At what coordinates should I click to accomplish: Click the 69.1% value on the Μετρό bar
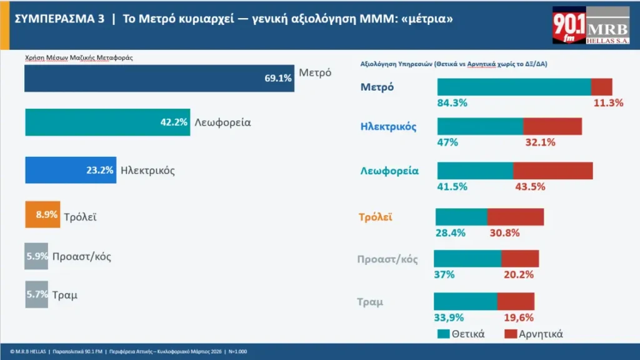[278, 79]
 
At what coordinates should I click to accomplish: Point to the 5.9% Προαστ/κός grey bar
[36, 256]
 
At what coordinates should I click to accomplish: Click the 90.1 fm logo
[569, 26]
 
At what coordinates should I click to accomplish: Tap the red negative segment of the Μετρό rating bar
[601, 87]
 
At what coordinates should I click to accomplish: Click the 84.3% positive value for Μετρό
[452, 103]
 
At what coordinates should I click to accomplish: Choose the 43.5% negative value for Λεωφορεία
[530, 186]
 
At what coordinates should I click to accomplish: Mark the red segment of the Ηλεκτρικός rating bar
[552, 126]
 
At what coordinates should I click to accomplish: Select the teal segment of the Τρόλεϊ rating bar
[461, 217]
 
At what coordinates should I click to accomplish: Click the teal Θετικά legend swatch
[444, 334]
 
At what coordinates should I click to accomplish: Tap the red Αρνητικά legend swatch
[509, 334]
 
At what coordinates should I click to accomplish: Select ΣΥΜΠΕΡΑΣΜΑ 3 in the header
[59, 19]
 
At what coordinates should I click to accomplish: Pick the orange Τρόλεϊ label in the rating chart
[375, 217]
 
